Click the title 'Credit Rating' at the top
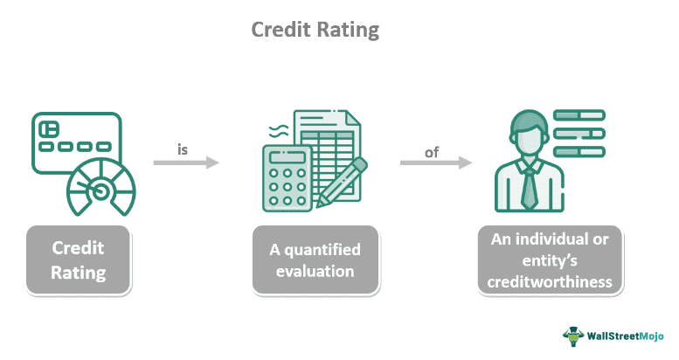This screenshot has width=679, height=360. (x=315, y=29)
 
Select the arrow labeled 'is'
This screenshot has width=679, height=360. (x=185, y=163)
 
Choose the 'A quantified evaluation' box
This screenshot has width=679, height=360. (x=315, y=260)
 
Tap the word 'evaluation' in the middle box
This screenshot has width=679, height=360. (x=315, y=271)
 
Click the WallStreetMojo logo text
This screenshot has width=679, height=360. (x=627, y=336)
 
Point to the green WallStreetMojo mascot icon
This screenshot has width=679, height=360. (x=572, y=336)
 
